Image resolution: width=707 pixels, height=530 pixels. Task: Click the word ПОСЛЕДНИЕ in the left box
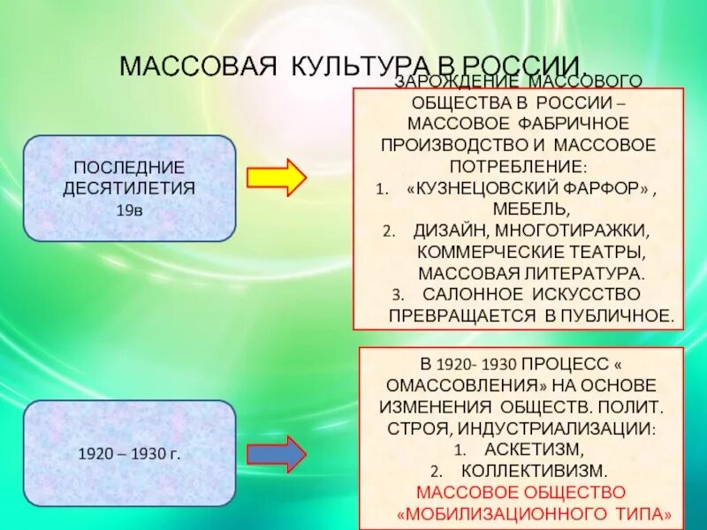tap(129, 168)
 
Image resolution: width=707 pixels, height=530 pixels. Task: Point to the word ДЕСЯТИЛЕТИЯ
tap(129, 188)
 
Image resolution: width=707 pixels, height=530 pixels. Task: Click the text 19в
tap(129, 211)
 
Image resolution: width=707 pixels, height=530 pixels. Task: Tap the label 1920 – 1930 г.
tap(129, 454)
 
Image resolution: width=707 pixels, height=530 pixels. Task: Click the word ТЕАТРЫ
tap(609, 252)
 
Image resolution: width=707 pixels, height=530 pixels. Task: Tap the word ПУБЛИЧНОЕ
tap(620, 314)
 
